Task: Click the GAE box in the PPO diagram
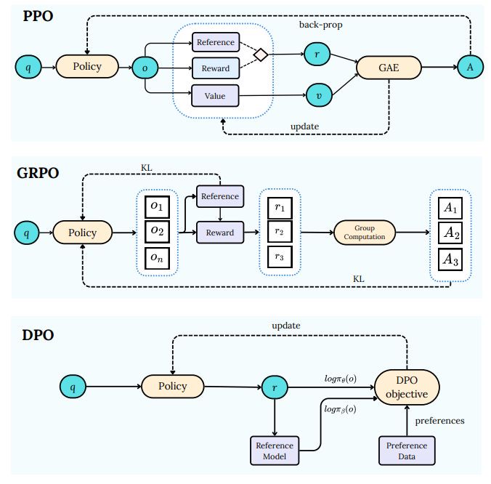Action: pyautogui.click(x=389, y=68)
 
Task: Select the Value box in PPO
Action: pyautogui.click(x=215, y=96)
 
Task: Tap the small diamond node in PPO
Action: pyautogui.click(x=261, y=55)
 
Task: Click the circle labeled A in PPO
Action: pyautogui.click(x=470, y=67)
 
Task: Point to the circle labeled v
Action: pyautogui.click(x=319, y=95)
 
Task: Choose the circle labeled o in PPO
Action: pyautogui.click(x=145, y=68)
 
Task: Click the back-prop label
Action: pyautogui.click(x=320, y=25)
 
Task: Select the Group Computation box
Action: pyautogui.click(x=365, y=233)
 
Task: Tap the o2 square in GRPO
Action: pyautogui.click(x=157, y=232)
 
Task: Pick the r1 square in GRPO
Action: pyautogui.click(x=280, y=208)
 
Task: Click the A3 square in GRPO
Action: pyautogui.click(x=450, y=259)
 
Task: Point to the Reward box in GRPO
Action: pyautogui.click(x=220, y=233)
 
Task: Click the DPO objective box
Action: pyautogui.click(x=407, y=387)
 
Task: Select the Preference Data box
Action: pyautogui.click(x=407, y=451)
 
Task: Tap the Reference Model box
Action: pyautogui.click(x=275, y=451)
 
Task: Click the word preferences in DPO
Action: pyautogui.click(x=439, y=421)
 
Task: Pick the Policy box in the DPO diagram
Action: pyautogui.click(x=173, y=387)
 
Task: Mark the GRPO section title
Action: pyautogui.click(x=38, y=173)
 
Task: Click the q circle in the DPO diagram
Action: pyautogui.click(x=73, y=387)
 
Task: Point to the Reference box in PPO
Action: pyautogui.click(x=216, y=42)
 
